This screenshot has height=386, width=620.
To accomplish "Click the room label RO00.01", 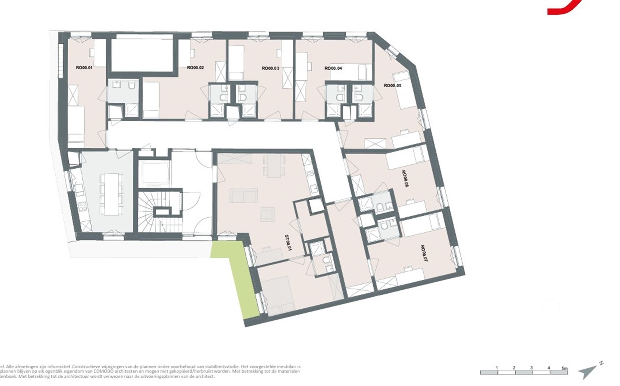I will click(x=84, y=68).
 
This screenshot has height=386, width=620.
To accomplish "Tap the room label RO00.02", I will click(x=195, y=68).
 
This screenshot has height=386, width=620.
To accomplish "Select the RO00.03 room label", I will click(x=270, y=68).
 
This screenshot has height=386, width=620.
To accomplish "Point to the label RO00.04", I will click(x=333, y=68).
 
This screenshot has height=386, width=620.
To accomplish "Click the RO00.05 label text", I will click(x=392, y=86).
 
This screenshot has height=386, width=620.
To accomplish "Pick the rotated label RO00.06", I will click(x=405, y=179).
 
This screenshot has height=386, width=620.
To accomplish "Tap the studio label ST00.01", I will click(x=288, y=243).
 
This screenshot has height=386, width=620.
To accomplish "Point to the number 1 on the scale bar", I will click(x=497, y=368).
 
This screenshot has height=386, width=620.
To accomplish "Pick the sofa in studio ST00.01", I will click(x=244, y=196).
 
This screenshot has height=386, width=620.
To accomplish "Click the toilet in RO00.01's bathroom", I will click(x=131, y=86).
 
